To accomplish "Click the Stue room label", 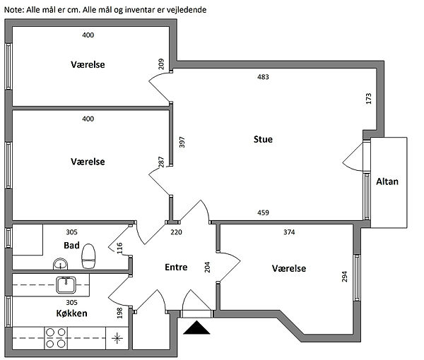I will click(x=263, y=139).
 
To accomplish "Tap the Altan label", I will click(x=387, y=181).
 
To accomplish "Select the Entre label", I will click(x=176, y=268).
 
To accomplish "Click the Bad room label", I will click(x=71, y=246).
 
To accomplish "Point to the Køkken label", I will click(x=71, y=313).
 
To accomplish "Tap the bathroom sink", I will click(x=61, y=264).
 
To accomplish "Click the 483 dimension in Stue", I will click(x=263, y=77).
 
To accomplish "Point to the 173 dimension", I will click(x=368, y=99).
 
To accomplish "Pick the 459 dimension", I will click(x=263, y=212).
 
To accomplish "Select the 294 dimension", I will click(x=345, y=276).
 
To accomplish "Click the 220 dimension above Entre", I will click(x=176, y=232).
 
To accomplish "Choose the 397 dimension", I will click(x=182, y=142).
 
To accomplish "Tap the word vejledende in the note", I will click(x=184, y=10).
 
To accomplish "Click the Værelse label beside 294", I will click(x=288, y=269).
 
